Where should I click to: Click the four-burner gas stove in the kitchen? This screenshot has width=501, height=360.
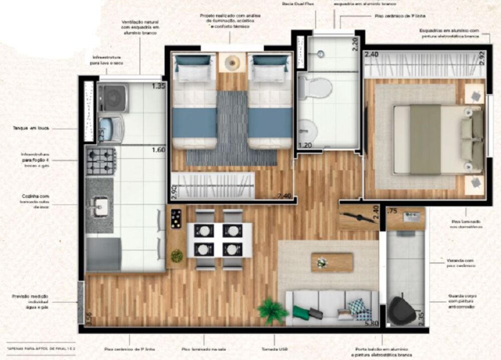point(101,161)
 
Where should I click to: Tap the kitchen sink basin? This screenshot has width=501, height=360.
point(100,206)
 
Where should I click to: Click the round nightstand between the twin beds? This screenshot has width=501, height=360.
point(232,63)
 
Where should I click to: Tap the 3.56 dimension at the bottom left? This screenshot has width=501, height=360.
point(90,319)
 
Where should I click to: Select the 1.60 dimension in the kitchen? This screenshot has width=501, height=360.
point(158,149)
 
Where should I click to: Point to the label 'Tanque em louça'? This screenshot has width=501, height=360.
point(31,128)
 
